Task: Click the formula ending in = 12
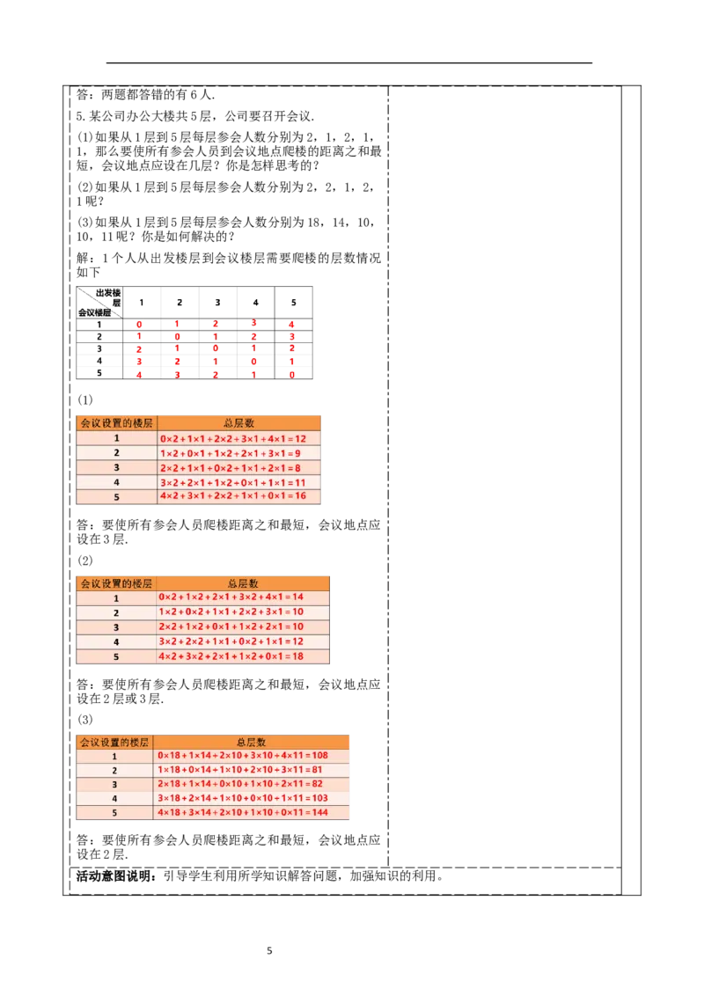click(x=232, y=438)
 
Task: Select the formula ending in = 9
click(x=230, y=453)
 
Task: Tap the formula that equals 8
click(x=230, y=468)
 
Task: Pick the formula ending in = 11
click(x=232, y=483)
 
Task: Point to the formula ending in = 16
click(x=232, y=496)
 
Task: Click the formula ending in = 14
click(x=231, y=597)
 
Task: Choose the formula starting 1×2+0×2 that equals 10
click(x=231, y=612)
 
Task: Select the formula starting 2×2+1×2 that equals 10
click(x=231, y=627)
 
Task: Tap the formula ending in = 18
click(x=231, y=656)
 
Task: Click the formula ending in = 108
click(x=242, y=756)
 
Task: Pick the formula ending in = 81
click(x=239, y=770)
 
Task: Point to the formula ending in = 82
click(x=239, y=784)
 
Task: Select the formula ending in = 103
click(x=242, y=798)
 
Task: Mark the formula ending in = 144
click(x=242, y=812)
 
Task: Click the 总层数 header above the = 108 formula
click(x=251, y=742)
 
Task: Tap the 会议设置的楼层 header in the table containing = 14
click(x=115, y=582)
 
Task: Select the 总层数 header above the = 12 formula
click(x=239, y=423)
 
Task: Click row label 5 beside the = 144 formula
click(x=114, y=812)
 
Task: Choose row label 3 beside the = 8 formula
click(x=115, y=468)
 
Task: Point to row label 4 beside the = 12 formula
click(x=115, y=641)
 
